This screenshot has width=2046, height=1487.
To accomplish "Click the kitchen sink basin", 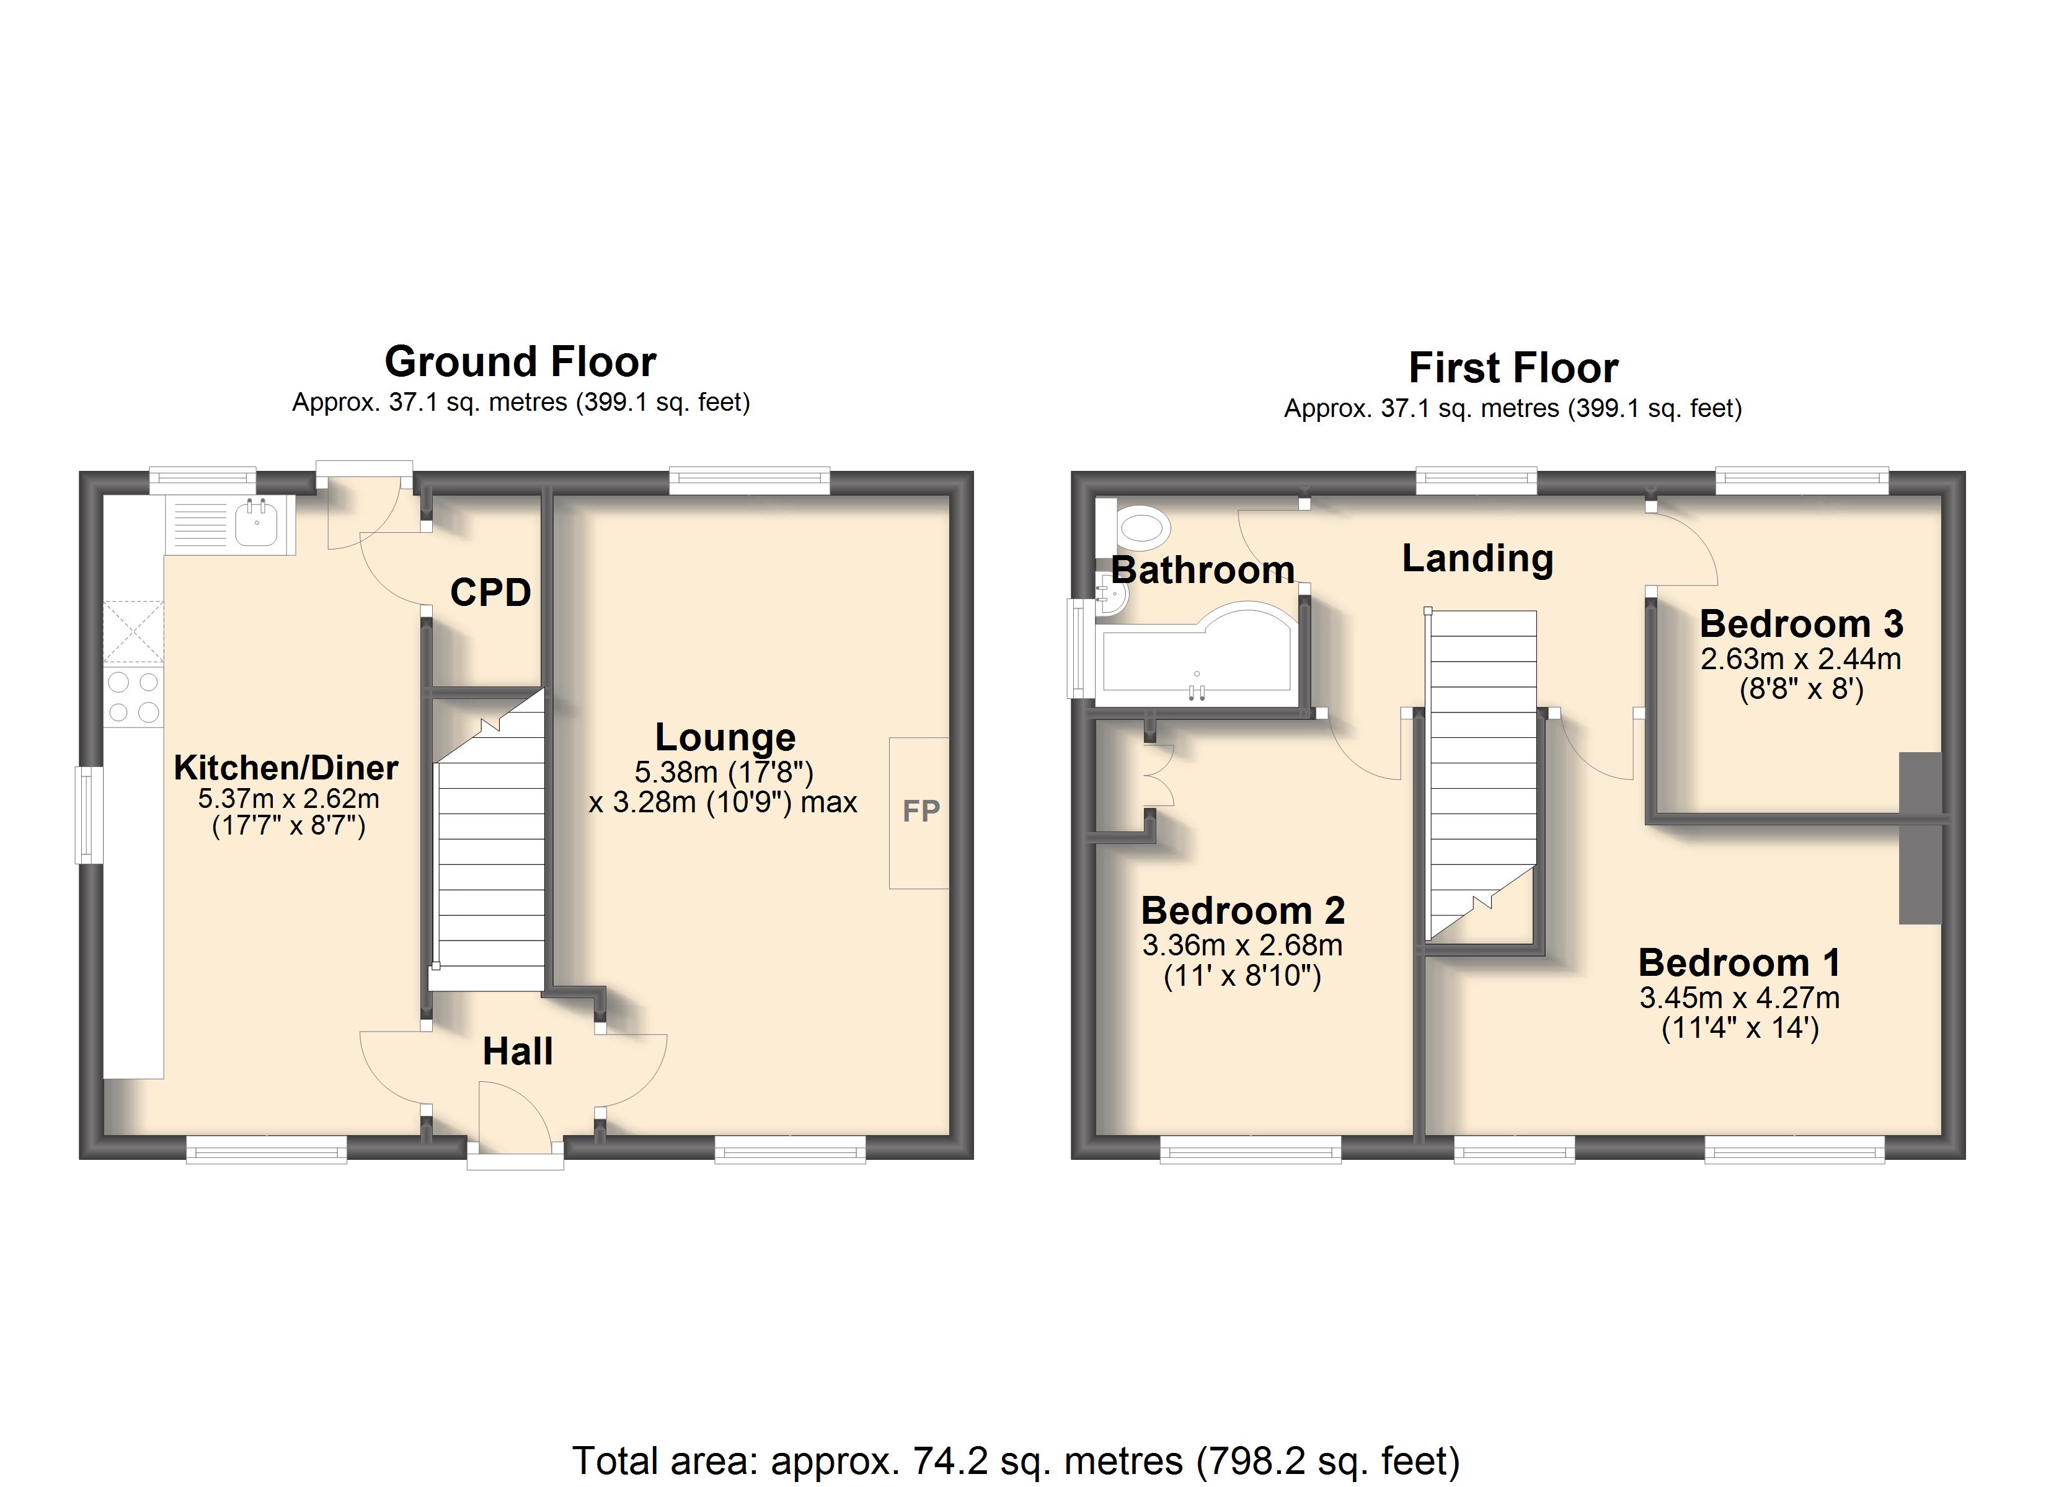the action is pos(256,524).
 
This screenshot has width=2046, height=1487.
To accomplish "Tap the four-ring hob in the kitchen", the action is pos(133,697).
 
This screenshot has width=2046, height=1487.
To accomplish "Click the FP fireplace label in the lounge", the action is pos(921,810).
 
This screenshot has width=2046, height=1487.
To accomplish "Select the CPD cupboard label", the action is pos(491,592).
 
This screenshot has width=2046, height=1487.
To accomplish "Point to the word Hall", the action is pos(518,1051).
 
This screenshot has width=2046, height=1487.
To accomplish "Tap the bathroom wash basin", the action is pos(1112,596).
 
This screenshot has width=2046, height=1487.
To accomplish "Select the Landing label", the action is pos(1477,559).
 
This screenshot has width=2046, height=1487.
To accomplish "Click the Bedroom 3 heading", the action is pos(1802,624).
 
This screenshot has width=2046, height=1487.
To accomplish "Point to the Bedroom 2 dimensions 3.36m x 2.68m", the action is pos(1242,945).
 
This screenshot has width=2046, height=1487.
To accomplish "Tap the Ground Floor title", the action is pos(521,362).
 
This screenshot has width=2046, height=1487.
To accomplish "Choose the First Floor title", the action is pos(1514,368).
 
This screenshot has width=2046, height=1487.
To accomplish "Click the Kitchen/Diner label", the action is pos(286,768).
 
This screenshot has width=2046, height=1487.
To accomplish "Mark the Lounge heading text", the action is pos(725,738).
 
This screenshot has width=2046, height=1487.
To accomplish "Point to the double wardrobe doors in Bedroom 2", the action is pos(1162,776).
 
